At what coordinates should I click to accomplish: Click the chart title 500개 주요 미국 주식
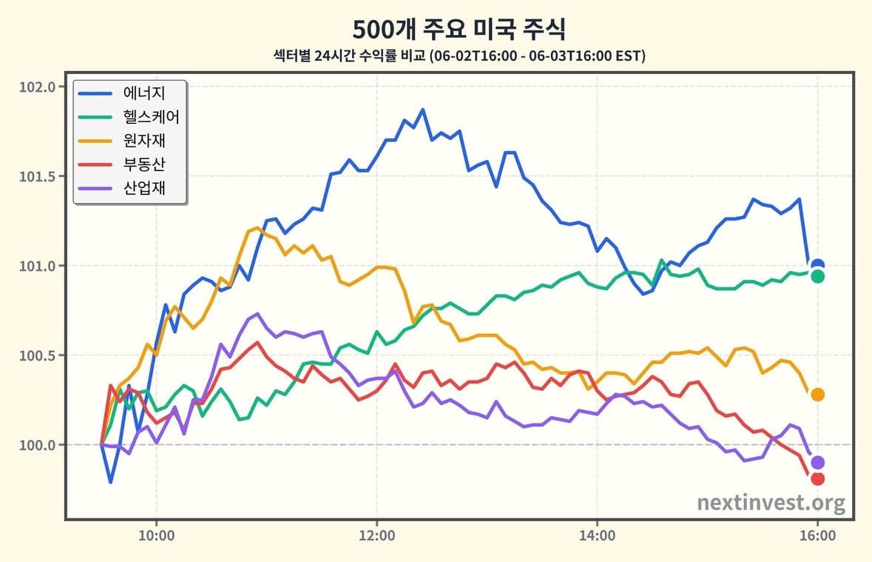point(459,29)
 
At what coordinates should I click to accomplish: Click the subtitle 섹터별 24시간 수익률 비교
point(349,56)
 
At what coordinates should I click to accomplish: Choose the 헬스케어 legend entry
point(129,117)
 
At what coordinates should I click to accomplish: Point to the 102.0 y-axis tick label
point(38,87)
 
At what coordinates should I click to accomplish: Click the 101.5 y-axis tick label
point(38,176)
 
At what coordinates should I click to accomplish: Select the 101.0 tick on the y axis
point(38,266)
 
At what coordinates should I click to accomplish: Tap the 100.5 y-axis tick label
point(38,355)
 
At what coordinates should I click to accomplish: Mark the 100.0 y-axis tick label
point(38,445)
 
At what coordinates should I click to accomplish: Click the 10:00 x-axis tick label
point(156,536)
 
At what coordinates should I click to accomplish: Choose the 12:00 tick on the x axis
point(377,536)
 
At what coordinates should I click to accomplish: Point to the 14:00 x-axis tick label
point(598,536)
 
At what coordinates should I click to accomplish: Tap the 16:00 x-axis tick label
point(817,536)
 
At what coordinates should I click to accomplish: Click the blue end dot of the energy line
point(817,265)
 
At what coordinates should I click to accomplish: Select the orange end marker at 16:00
point(817,395)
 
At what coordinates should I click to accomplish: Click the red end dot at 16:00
point(817,478)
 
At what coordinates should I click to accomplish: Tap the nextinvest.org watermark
point(771,503)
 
